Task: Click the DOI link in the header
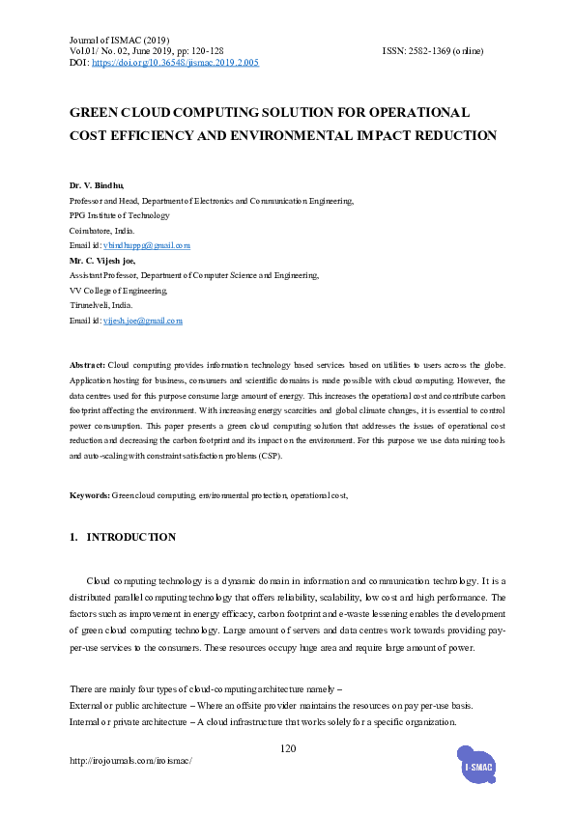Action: tap(175, 63)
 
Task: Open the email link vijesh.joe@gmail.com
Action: tap(143, 321)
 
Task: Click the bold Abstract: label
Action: tap(87, 366)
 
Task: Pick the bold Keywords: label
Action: tap(90, 495)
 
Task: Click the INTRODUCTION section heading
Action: tap(131, 537)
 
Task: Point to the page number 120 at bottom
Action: tap(287, 749)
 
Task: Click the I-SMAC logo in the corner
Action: tap(479, 767)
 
